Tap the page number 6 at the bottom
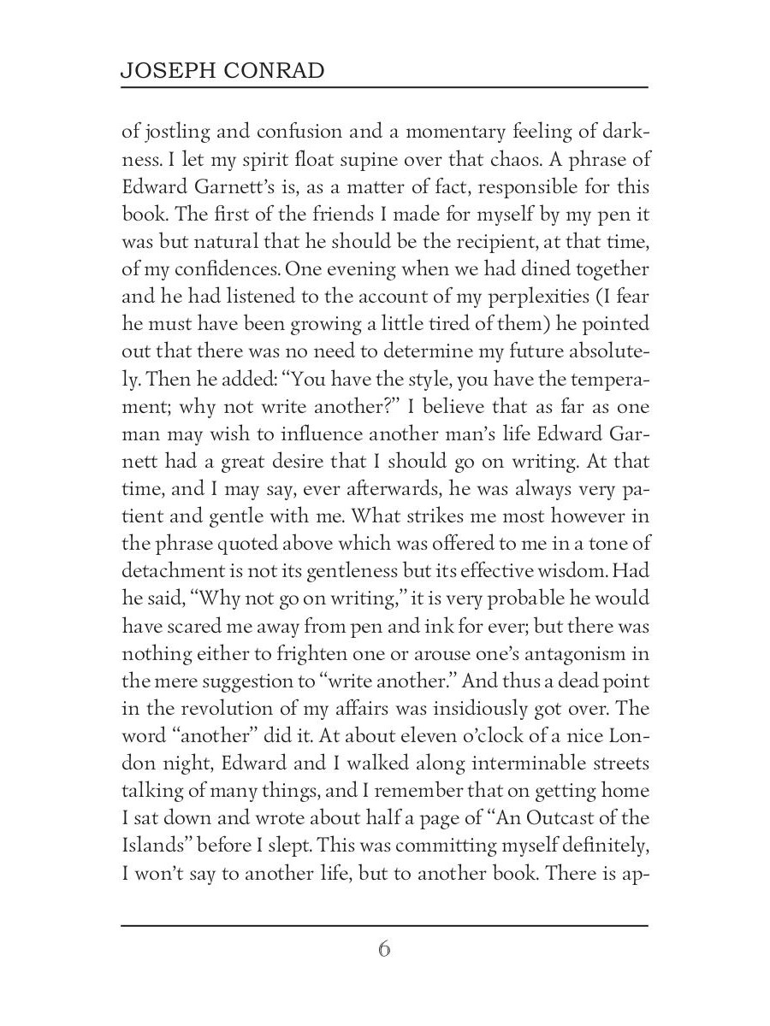[x=384, y=950]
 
